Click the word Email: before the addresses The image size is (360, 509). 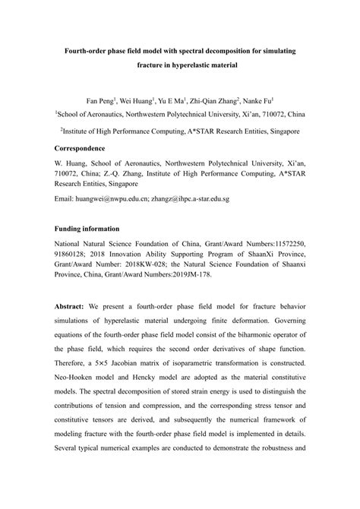pyautogui.click(x=65, y=198)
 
